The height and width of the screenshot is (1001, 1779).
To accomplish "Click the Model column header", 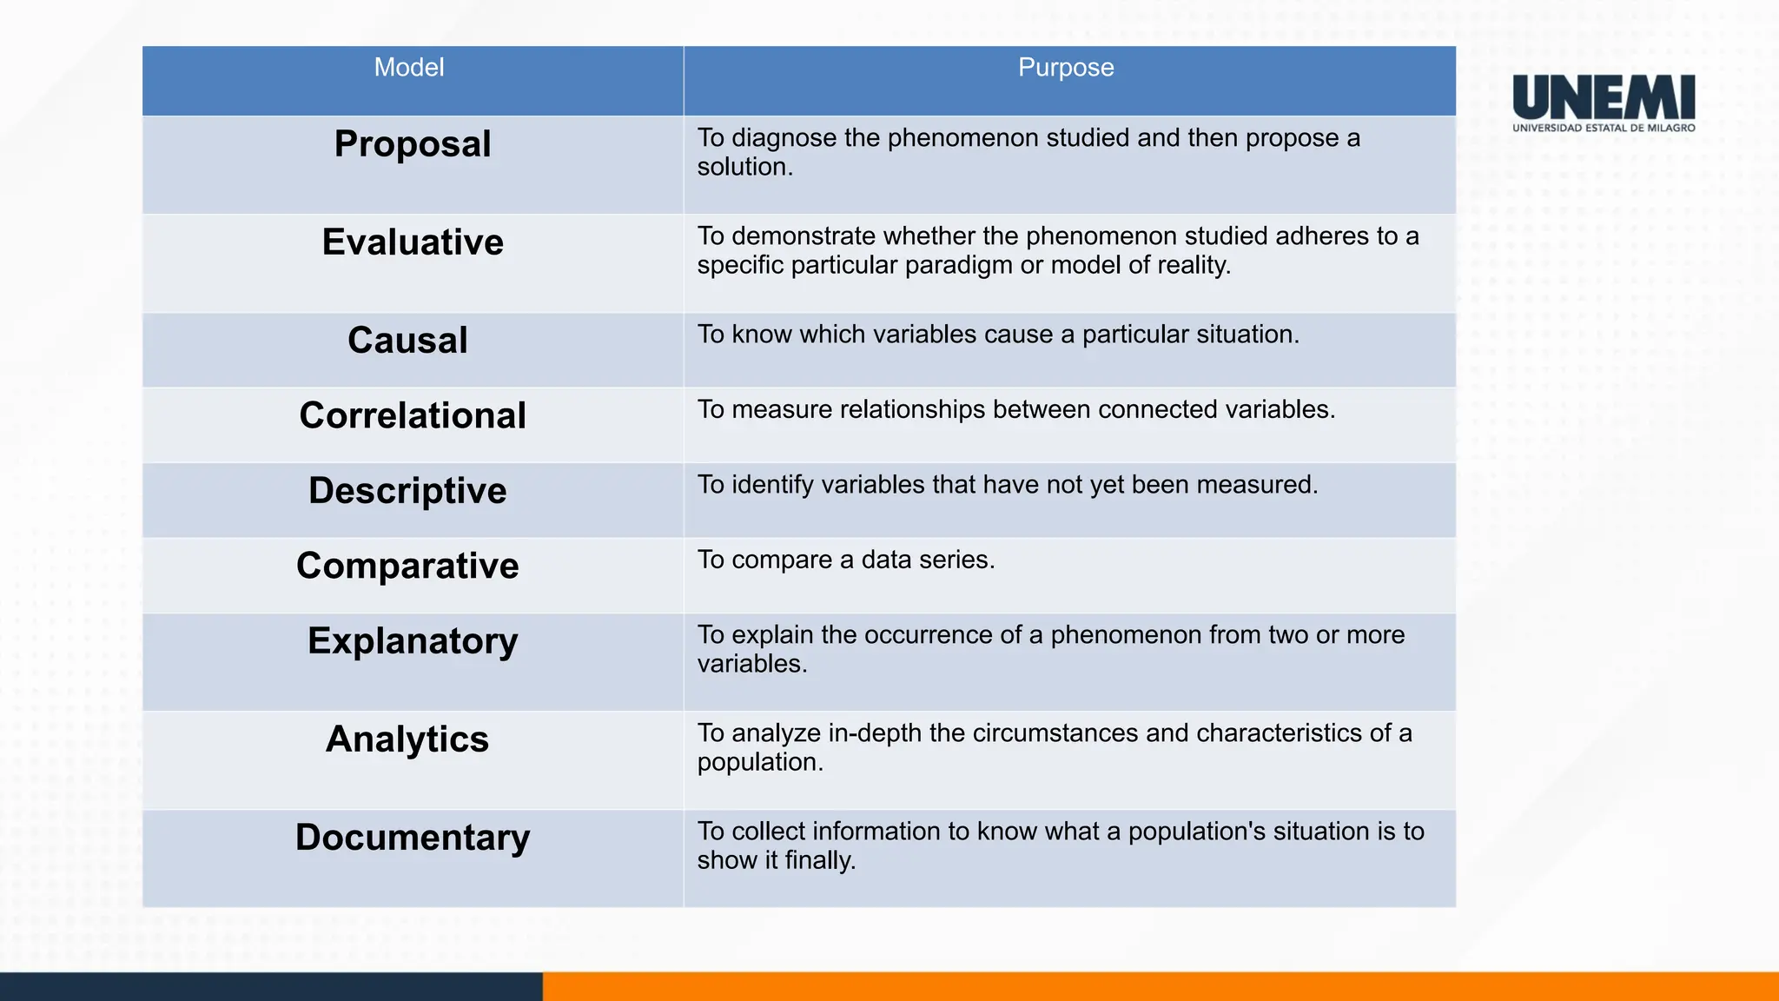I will tap(408, 68).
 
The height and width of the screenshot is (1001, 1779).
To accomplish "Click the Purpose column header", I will tap(1065, 68).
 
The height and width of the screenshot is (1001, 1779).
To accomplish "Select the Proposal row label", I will tap(413, 144).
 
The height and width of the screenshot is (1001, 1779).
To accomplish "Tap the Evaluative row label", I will tap(413, 242).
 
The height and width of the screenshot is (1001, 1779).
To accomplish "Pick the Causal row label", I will tap(407, 341).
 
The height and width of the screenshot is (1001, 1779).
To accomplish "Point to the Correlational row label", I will tap(413, 416).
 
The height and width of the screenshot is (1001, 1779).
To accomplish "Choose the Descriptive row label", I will tap(407, 491).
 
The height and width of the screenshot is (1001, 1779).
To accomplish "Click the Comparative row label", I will tap(407, 567).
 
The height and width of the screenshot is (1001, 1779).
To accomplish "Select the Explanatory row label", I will tap(413, 642).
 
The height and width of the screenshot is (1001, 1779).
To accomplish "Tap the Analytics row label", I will tap(407, 739).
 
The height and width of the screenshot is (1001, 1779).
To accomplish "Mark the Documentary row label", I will tap(413, 838).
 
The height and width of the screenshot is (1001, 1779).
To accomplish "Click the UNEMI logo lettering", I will tap(1604, 97).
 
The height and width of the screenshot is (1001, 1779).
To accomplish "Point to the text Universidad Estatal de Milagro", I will tap(1604, 128).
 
